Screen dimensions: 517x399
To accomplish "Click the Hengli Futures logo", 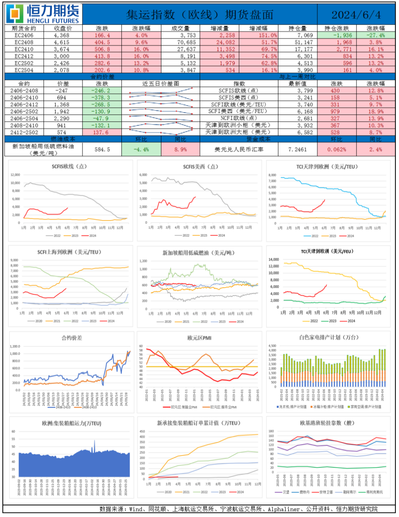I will tap(43, 14).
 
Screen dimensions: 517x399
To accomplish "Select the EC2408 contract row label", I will tap(24, 42).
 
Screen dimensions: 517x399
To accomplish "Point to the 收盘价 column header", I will tap(63, 29).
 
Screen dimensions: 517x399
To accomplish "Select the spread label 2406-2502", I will tap(24, 111).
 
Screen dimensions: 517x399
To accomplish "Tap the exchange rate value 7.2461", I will tap(297, 149).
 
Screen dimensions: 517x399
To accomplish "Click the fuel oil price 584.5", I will tap(102, 149).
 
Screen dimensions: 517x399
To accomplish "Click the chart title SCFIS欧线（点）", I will tap(69, 167).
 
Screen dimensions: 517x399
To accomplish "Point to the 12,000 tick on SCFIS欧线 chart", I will tap(15, 175).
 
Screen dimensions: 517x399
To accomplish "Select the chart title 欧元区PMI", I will tap(199, 338).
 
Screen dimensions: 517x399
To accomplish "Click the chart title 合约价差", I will tap(72, 338).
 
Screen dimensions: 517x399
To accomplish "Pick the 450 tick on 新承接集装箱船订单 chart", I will tap(142, 432).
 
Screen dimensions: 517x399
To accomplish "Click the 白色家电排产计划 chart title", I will tap(328, 338).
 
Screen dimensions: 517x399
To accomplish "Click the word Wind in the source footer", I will tap(136, 509).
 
